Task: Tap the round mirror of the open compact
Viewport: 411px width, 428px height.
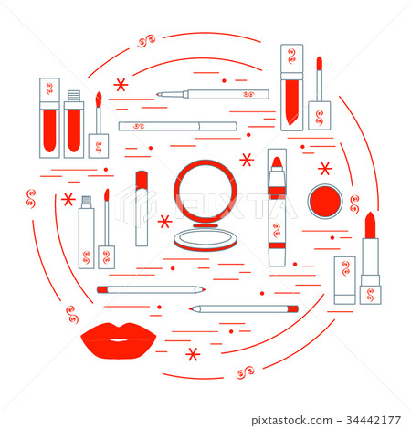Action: pos(205,193)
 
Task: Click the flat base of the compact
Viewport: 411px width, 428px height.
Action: pos(205,240)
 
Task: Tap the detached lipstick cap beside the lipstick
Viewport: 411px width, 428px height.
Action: pos(344,280)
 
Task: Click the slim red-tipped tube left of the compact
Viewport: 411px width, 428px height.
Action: pos(142,208)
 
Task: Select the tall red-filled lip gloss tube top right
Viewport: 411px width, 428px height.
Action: pos(291,87)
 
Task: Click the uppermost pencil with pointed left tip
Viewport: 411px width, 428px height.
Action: pos(213,94)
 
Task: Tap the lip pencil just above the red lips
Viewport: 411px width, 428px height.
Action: pos(151,289)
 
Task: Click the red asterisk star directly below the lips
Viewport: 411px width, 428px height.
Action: pos(193,354)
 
